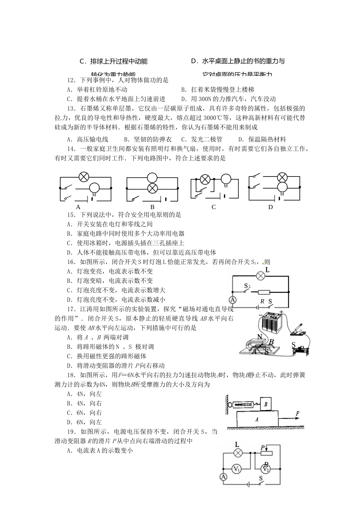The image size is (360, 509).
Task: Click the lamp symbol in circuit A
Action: point(83,177)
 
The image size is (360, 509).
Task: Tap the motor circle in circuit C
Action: point(225,178)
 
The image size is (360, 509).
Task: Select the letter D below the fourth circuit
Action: point(271,207)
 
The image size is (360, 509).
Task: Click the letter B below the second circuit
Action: point(152,207)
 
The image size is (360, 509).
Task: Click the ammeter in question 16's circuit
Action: point(233,300)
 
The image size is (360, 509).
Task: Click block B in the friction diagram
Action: point(266,404)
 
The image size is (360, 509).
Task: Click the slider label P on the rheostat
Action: point(262,448)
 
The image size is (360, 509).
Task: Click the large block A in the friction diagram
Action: point(257,420)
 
